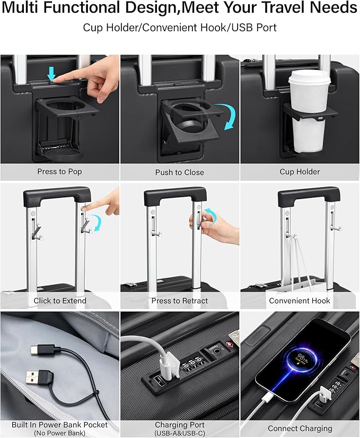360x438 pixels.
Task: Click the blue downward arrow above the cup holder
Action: click(51, 74)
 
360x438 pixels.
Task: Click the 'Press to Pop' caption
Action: click(59, 171)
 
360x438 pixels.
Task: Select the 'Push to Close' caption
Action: click(180, 172)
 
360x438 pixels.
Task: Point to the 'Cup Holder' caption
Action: click(300, 172)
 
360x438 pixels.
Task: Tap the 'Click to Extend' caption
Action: click(60, 301)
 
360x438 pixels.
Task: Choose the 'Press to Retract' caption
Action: click(180, 301)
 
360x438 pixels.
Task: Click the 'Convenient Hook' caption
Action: click(300, 301)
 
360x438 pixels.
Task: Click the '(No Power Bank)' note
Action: click(59, 433)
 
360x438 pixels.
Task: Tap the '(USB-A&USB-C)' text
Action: click(180, 433)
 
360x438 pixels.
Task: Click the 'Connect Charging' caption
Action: click(300, 428)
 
